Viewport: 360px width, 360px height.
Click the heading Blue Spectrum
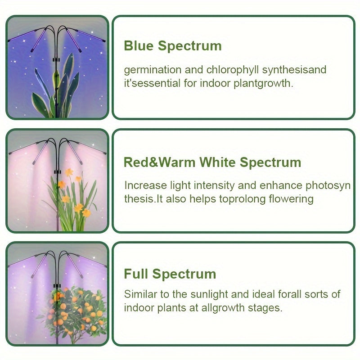coord(173,46)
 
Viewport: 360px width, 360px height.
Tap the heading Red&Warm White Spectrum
coord(212,162)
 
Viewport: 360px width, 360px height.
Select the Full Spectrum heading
coord(170,274)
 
